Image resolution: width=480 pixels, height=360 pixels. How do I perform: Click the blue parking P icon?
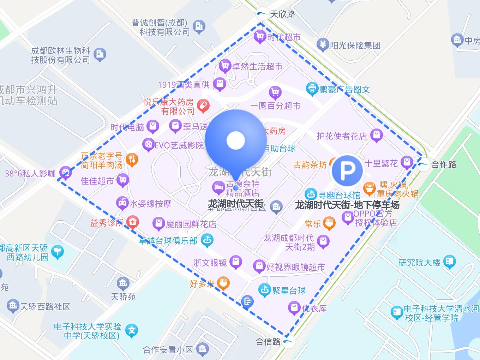[347, 171]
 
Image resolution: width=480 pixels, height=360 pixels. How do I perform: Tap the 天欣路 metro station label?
[282, 14]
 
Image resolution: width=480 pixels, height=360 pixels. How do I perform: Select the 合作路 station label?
[444, 164]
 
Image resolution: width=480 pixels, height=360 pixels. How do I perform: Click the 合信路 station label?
[268, 342]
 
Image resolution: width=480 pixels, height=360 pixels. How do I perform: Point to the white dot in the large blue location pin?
[235, 140]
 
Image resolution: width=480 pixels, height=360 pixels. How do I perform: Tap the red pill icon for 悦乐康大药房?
[203, 106]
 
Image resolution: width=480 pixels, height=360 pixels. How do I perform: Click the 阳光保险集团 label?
[355, 45]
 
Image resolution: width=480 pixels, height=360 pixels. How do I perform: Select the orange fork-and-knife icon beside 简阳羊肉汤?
[132, 160]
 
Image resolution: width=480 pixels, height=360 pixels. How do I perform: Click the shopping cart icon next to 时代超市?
[260, 36]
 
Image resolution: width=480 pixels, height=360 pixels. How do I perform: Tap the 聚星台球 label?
[289, 291]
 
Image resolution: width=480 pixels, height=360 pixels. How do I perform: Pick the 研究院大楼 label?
[419, 263]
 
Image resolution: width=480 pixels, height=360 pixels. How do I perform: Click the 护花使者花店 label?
[341, 136]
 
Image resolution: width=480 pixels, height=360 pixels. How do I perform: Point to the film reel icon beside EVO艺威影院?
[148, 145]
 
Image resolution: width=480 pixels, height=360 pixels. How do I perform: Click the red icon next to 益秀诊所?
[133, 222]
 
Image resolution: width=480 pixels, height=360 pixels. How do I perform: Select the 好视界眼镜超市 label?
[295, 267]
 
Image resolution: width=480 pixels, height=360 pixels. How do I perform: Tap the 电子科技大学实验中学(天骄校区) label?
[87, 331]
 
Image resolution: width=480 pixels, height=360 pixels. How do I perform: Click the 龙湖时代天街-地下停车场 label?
[347, 205]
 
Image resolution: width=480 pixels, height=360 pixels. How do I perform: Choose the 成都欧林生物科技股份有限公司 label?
[60, 55]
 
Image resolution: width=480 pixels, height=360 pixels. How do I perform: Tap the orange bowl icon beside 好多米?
[223, 283]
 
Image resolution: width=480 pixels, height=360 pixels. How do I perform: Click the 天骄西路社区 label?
[45, 307]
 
